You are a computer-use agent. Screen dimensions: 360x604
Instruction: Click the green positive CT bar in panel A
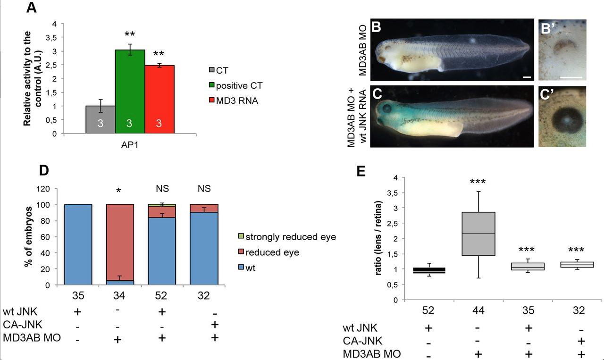pos(130,92)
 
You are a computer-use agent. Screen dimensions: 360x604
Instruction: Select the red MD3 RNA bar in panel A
pos(159,99)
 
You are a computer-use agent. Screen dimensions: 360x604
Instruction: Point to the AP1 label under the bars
pos(130,145)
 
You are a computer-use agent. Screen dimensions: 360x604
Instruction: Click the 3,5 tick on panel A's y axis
pos(57,37)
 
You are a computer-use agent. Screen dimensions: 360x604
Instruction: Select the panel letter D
pos(43,170)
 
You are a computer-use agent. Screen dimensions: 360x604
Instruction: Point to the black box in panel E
pos(429,270)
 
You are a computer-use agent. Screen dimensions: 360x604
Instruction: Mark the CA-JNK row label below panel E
pos(362,341)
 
